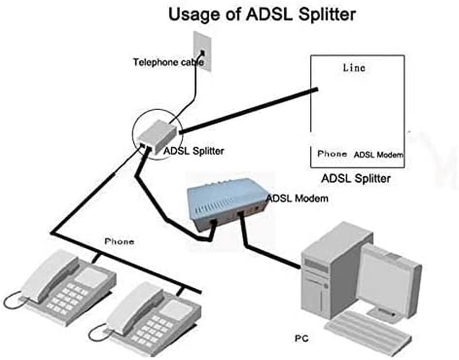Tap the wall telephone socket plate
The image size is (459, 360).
coord(202,51)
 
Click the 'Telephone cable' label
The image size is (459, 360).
coord(168,62)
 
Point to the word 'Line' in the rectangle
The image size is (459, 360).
coord(354,67)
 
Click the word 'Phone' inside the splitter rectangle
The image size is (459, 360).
coord(332,154)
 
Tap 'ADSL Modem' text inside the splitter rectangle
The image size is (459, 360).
coord(378,155)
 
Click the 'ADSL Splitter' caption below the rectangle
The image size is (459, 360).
coord(356,178)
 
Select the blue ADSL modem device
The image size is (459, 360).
coord(225,207)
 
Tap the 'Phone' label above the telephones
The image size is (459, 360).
coord(120,241)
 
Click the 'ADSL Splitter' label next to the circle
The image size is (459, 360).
coord(194,150)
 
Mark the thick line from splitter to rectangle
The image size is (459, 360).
coord(248,110)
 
